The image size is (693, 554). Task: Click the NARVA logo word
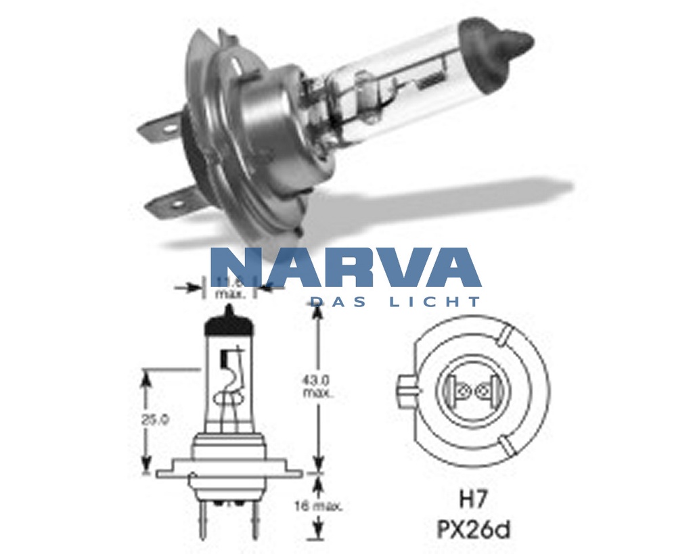point(345,269)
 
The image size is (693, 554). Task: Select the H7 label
point(474,501)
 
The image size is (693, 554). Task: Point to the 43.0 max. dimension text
point(317,386)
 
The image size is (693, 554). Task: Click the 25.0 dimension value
point(155,419)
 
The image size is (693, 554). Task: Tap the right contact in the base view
point(486,390)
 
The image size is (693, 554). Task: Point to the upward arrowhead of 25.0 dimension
point(144,375)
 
